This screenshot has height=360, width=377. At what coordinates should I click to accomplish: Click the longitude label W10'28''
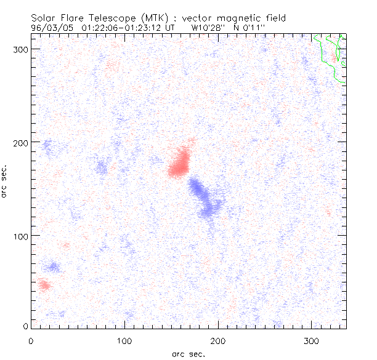click(x=208, y=28)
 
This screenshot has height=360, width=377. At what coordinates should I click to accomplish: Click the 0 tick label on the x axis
click(x=31, y=340)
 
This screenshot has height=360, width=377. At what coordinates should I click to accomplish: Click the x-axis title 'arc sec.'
click(x=188, y=354)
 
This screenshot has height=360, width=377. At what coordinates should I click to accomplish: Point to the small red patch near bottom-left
click(x=44, y=285)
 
